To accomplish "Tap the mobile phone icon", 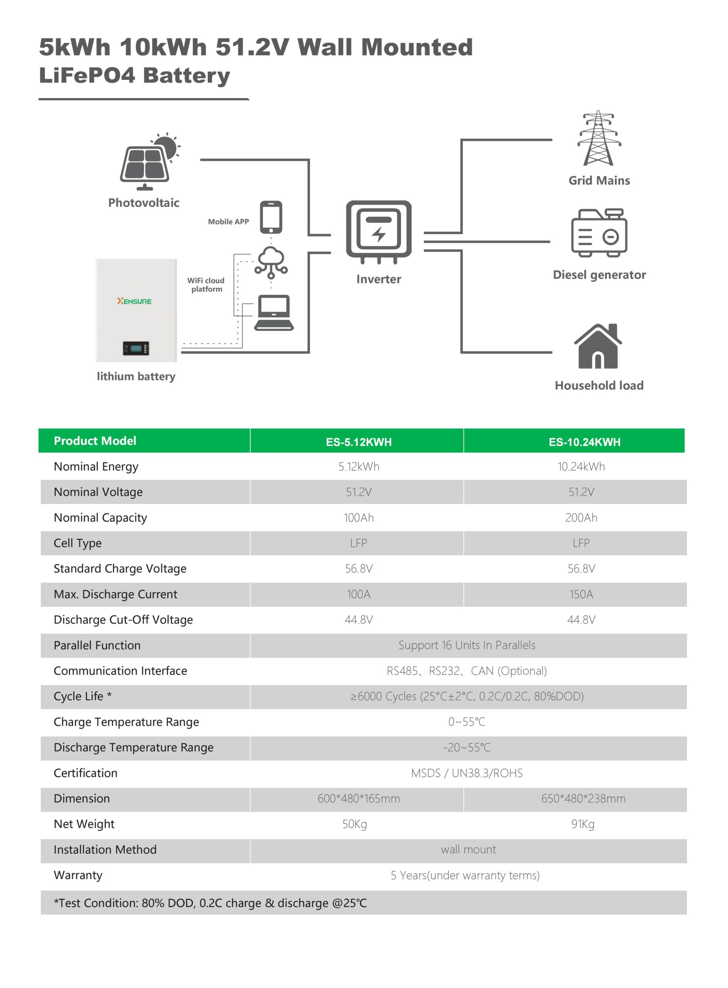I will [271, 217].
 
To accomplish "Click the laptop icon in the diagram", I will [274, 312].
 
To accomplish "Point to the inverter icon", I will [379, 231].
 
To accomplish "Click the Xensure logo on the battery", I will [134, 301].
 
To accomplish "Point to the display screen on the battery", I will [136, 348].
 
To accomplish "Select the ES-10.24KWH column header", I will [584, 442].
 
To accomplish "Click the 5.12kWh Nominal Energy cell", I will [359, 467].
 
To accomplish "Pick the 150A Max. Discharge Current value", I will [581, 594].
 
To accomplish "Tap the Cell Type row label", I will [78, 543].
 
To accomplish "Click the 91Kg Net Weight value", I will [582, 824].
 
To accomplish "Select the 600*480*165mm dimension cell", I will [359, 799].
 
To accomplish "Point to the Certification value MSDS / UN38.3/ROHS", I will [467, 773].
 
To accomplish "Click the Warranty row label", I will [78, 875].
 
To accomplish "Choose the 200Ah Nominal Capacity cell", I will [581, 518].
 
